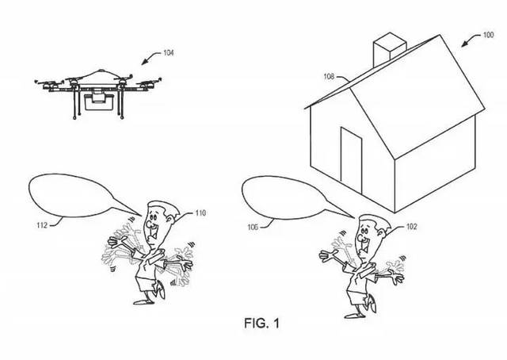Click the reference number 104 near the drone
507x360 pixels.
(x=169, y=52)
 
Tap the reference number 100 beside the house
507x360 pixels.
(x=488, y=35)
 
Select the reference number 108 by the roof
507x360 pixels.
(x=329, y=77)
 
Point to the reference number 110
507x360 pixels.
(x=200, y=213)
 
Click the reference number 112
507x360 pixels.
(x=42, y=225)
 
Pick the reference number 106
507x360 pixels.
(x=253, y=228)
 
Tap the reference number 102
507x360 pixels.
(x=411, y=227)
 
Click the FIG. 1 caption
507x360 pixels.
(x=261, y=323)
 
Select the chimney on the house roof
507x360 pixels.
(x=390, y=48)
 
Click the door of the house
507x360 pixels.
(x=351, y=160)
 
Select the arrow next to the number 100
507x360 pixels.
(x=471, y=40)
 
